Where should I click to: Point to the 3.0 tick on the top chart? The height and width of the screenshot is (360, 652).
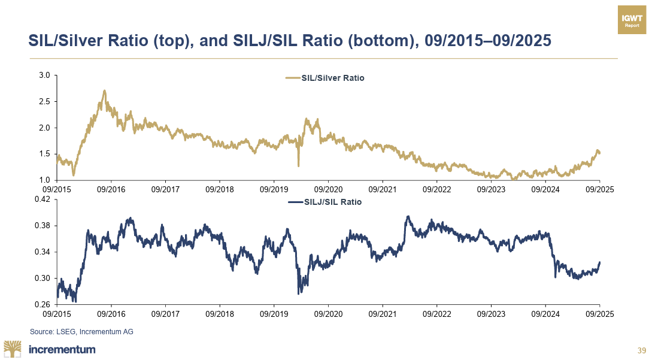click(44, 75)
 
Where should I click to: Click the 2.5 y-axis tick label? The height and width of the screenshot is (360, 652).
click(44, 102)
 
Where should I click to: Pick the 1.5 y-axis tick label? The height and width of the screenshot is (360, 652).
click(44, 154)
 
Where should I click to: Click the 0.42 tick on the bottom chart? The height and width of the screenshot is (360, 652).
click(42, 199)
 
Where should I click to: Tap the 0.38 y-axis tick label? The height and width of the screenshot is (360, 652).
click(42, 226)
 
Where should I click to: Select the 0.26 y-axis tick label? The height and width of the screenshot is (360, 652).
click(42, 304)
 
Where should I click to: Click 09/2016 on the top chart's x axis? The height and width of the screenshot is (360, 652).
click(111, 189)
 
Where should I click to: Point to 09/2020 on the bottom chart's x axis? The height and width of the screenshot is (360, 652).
click(328, 313)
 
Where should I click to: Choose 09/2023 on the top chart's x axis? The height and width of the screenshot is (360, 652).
click(491, 189)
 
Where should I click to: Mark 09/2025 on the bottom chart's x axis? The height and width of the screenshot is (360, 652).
click(599, 313)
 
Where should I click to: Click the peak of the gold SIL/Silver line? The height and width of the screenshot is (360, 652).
click(105, 91)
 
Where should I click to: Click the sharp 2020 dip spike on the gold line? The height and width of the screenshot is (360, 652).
click(298, 165)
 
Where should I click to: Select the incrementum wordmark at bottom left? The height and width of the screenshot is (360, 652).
click(62, 349)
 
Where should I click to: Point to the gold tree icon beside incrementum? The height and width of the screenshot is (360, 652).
click(13, 349)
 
